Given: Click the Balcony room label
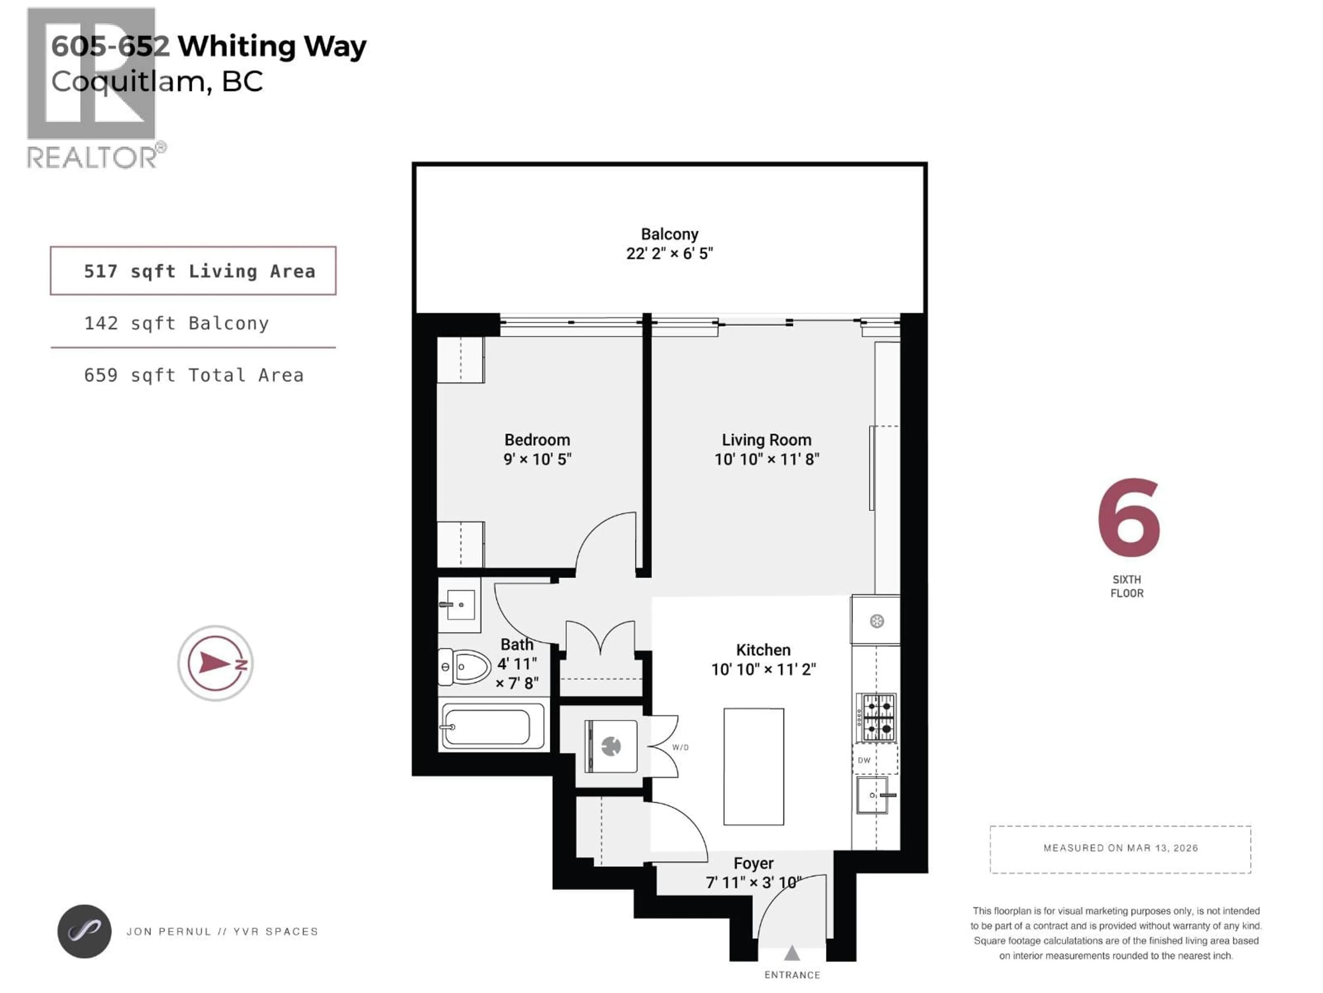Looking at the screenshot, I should click(x=669, y=234).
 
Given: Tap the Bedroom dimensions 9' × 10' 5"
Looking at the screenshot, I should click(x=537, y=459).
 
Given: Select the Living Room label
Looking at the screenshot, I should click(x=766, y=440).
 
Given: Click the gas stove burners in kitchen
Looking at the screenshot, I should click(x=876, y=718).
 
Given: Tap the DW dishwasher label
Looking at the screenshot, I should click(x=864, y=761).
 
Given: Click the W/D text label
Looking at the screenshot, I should click(x=680, y=748).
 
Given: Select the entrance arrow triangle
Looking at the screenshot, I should click(x=792, y=952).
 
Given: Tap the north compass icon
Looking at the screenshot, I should click(x=215, y=663).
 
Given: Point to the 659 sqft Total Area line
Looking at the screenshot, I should click(x=193, y=375).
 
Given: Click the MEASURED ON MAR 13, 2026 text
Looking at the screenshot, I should click(x=1120, y=848).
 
